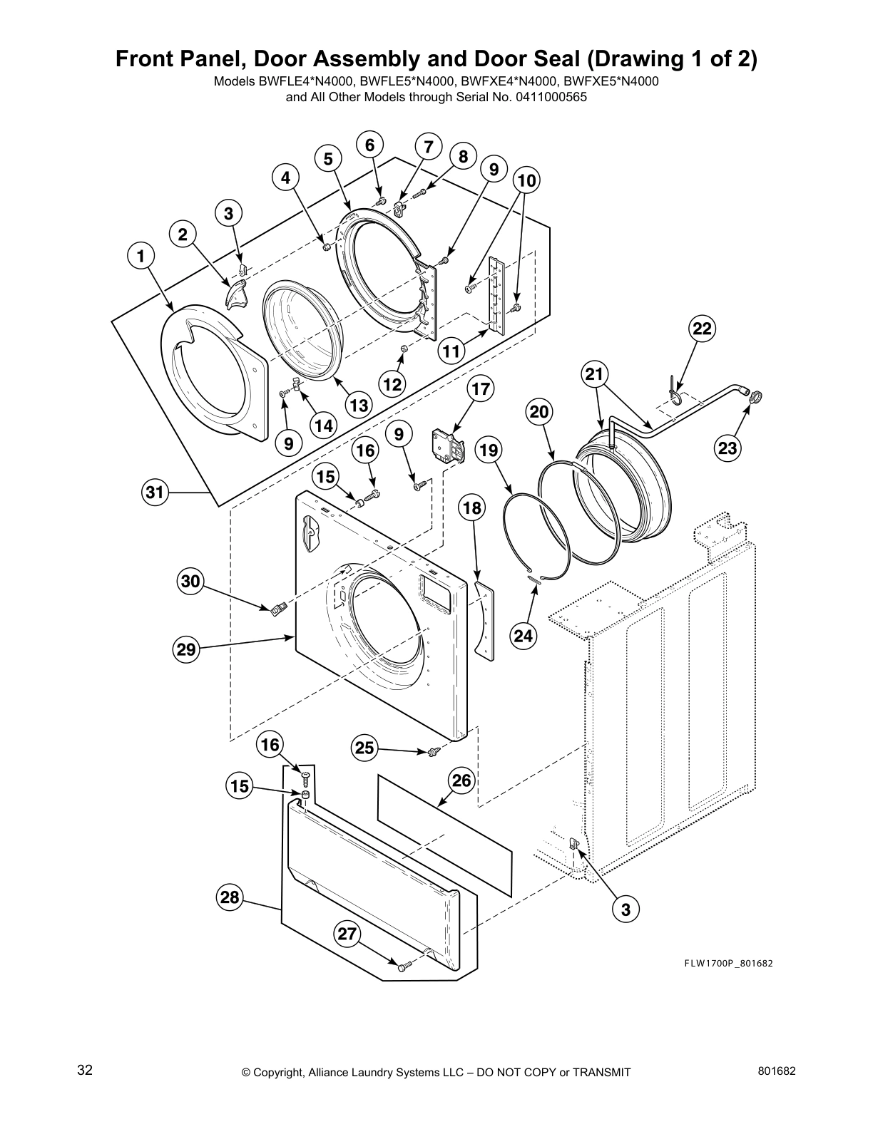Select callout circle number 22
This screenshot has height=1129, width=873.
703,329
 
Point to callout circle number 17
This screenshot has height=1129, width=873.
481,389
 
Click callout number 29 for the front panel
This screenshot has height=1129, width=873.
187,649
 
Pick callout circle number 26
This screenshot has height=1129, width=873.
461,780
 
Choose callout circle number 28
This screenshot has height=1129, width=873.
230,897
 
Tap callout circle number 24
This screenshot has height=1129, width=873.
524,635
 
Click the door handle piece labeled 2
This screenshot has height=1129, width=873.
235,293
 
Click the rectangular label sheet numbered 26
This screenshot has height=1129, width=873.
444,834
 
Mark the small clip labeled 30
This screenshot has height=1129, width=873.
277,608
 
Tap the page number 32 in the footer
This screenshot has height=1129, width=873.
85,1071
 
